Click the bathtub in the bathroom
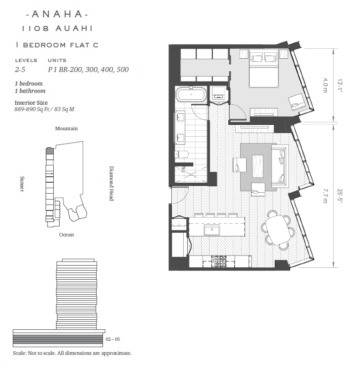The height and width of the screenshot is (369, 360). pyautogui.click(x=191, y=95)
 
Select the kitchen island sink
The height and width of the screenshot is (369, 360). pyautogui.click(x=211, y=230)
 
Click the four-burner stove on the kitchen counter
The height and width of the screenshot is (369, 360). pyautogui.click(x=219, y=261)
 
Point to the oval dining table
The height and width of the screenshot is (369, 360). pyautogui.click(x=278, y=230)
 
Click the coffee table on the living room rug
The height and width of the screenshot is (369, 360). pyautogui.click(x=257, y=166)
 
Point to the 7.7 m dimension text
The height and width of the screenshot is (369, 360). pyautogui.click(x=325, y=196)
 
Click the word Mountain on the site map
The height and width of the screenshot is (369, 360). pyautogui.click(x=67, y=128)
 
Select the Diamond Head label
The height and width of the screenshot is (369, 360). pyautogui.click(x=111, y=183)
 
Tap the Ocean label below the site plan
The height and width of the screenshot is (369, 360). pyautogui.click(x=67, y=235)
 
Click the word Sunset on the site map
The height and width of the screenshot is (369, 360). pyautogui.click(x=22, y=184)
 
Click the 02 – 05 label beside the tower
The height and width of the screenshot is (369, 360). pyautogui.click(x=113, y=339)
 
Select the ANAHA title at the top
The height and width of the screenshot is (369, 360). pyautogui.click(x=57, y=14)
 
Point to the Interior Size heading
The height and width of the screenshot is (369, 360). pyautogui.click(x=31, y=102)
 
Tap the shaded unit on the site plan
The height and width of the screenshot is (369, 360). pyautogui.click(x=49, y=151)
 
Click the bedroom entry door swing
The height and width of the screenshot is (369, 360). pyautogui.click(x=238, y=112)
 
